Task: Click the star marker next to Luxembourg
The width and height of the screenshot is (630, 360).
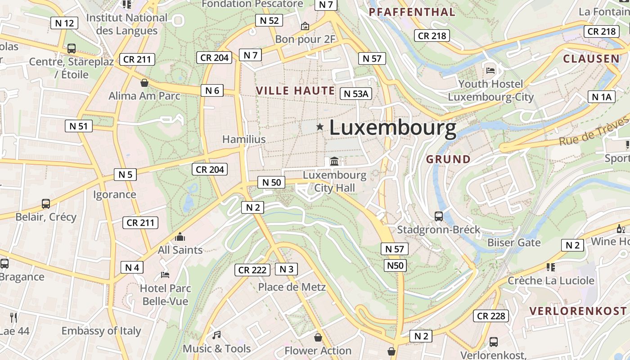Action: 320,127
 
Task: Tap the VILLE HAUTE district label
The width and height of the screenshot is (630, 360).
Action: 295,90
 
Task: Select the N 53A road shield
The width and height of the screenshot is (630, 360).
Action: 356,94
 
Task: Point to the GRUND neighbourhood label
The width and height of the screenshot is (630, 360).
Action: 448,159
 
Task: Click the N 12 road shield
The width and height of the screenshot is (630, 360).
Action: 65,23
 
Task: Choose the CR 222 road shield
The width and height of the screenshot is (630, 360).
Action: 252,270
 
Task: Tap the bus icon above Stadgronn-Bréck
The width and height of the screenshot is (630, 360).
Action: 439,216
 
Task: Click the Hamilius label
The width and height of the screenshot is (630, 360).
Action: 244,139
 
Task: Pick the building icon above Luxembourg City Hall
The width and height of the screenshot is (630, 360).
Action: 334,161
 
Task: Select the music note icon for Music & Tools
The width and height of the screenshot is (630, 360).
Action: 216,335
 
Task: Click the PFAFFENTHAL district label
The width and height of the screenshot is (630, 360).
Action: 412,12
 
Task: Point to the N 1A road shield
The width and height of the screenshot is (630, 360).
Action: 601,97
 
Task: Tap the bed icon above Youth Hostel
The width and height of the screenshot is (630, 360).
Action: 490,70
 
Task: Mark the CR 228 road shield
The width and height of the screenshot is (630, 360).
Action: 491,316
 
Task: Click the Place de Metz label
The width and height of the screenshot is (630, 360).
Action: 292,287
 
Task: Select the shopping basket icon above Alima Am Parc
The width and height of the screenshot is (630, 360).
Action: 144,83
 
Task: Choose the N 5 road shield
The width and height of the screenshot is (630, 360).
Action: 125,175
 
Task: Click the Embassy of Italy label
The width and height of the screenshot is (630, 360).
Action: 101,331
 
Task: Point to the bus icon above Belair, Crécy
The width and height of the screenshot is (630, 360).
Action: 46,203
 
